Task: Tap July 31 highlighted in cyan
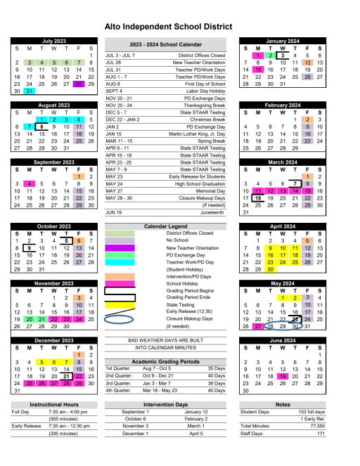29,91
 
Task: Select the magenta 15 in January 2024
258,70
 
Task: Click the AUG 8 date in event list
113,84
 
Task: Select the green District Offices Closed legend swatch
119,233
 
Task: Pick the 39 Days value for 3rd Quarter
216,384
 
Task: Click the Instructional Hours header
53,405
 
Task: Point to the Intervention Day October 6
136,418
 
